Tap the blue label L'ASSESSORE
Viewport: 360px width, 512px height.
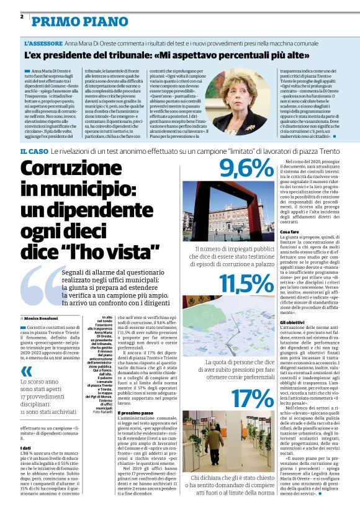43,43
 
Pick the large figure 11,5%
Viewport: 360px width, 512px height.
228,283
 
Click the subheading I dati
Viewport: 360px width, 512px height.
27,447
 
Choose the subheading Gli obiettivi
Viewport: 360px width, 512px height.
292,323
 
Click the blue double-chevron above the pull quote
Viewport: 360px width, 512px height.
26,371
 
